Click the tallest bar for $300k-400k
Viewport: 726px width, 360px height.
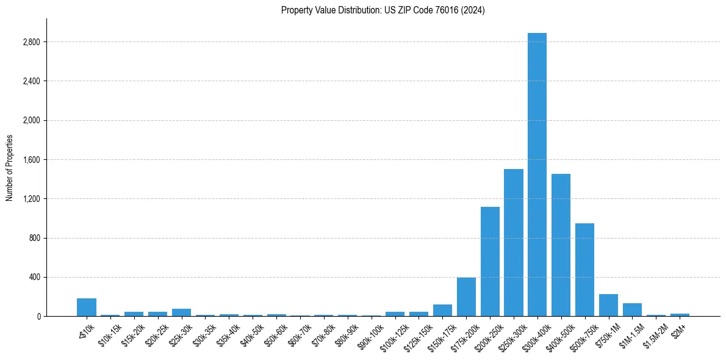tap(537, 175)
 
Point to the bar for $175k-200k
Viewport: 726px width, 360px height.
tap(466, 297)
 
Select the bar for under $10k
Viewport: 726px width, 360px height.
tap(87, 308)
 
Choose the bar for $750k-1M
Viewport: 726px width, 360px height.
tap(608, 305)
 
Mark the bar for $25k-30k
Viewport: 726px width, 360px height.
tap(181, 312)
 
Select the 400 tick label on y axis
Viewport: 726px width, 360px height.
tap(34, 277)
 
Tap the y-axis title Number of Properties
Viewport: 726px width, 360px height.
tap(9, 167)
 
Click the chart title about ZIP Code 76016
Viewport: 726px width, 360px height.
tap(383, 10)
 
